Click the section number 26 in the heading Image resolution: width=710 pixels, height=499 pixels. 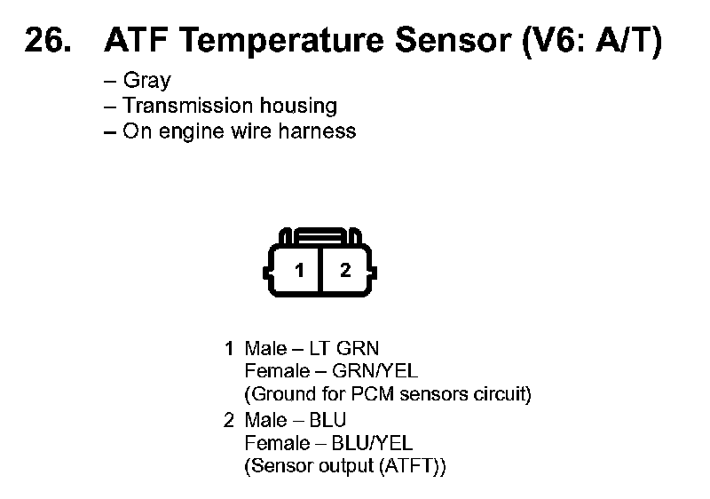coord(45,41)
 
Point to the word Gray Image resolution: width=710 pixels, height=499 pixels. coord(147,81)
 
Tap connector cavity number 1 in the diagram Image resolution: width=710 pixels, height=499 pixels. coord(300,270)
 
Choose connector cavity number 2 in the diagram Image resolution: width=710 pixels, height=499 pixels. coord(345,270)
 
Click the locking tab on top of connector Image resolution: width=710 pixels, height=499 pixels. coord(321,236)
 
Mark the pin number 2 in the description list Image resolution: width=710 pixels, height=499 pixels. coord(229,420)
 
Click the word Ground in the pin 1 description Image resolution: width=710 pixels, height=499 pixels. coord(280,394)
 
